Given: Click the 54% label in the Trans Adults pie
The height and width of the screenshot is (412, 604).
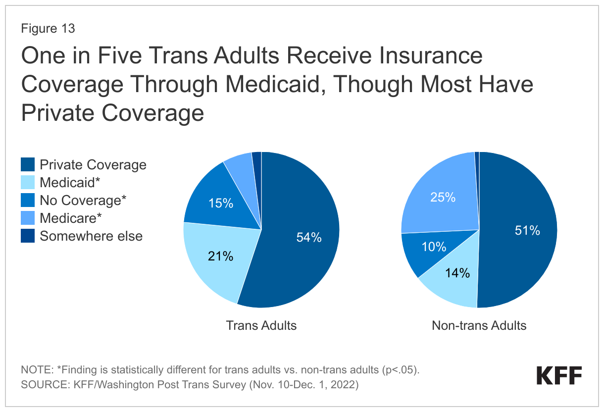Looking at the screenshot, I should point(309,238).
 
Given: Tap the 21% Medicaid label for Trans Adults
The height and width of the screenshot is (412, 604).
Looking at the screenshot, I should point(220,256).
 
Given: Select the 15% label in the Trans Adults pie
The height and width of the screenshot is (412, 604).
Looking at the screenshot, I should point(220,204).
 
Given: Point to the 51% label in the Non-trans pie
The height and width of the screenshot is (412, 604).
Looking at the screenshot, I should point(527,230).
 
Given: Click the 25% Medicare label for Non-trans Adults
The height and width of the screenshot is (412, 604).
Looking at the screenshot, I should point(443,198).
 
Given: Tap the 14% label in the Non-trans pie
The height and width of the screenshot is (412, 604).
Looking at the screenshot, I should point(457,273).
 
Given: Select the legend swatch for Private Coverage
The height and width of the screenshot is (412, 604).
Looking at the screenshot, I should point(27,164).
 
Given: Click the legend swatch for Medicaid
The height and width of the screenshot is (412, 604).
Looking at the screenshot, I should point(27,182).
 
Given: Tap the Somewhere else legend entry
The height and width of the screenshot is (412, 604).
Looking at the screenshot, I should point(91,236).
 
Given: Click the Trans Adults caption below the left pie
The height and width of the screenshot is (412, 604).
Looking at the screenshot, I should point(261,325).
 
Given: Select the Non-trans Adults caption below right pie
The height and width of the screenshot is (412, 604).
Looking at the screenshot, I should point(479,325).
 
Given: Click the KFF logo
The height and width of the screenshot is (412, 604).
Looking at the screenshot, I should point(559,376).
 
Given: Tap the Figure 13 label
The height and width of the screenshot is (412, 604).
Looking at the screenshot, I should point(48,29).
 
